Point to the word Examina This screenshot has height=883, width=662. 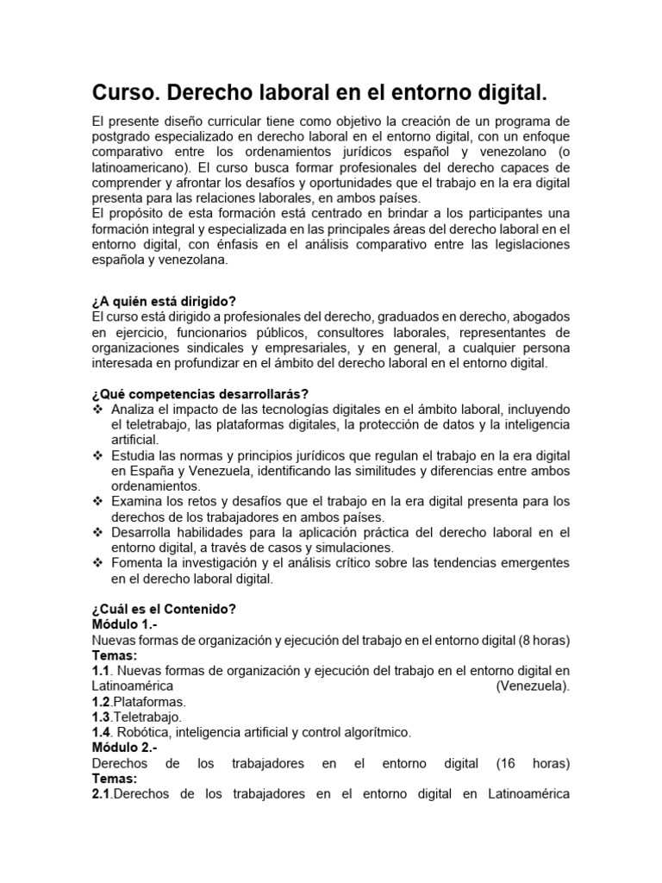pyautogui.click(x=139, y=501)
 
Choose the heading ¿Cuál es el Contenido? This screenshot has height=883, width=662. pyautogui.click(x=164, y=609)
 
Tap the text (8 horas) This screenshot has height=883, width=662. pyautogui.click(x=545, y=640)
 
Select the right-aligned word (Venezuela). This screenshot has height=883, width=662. pyautogui.click(x=533, y=686)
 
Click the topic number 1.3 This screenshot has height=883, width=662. pyautogui.click(x=102, y=717)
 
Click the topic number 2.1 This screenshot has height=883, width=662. pyautogui.click(x=102, y=794)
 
